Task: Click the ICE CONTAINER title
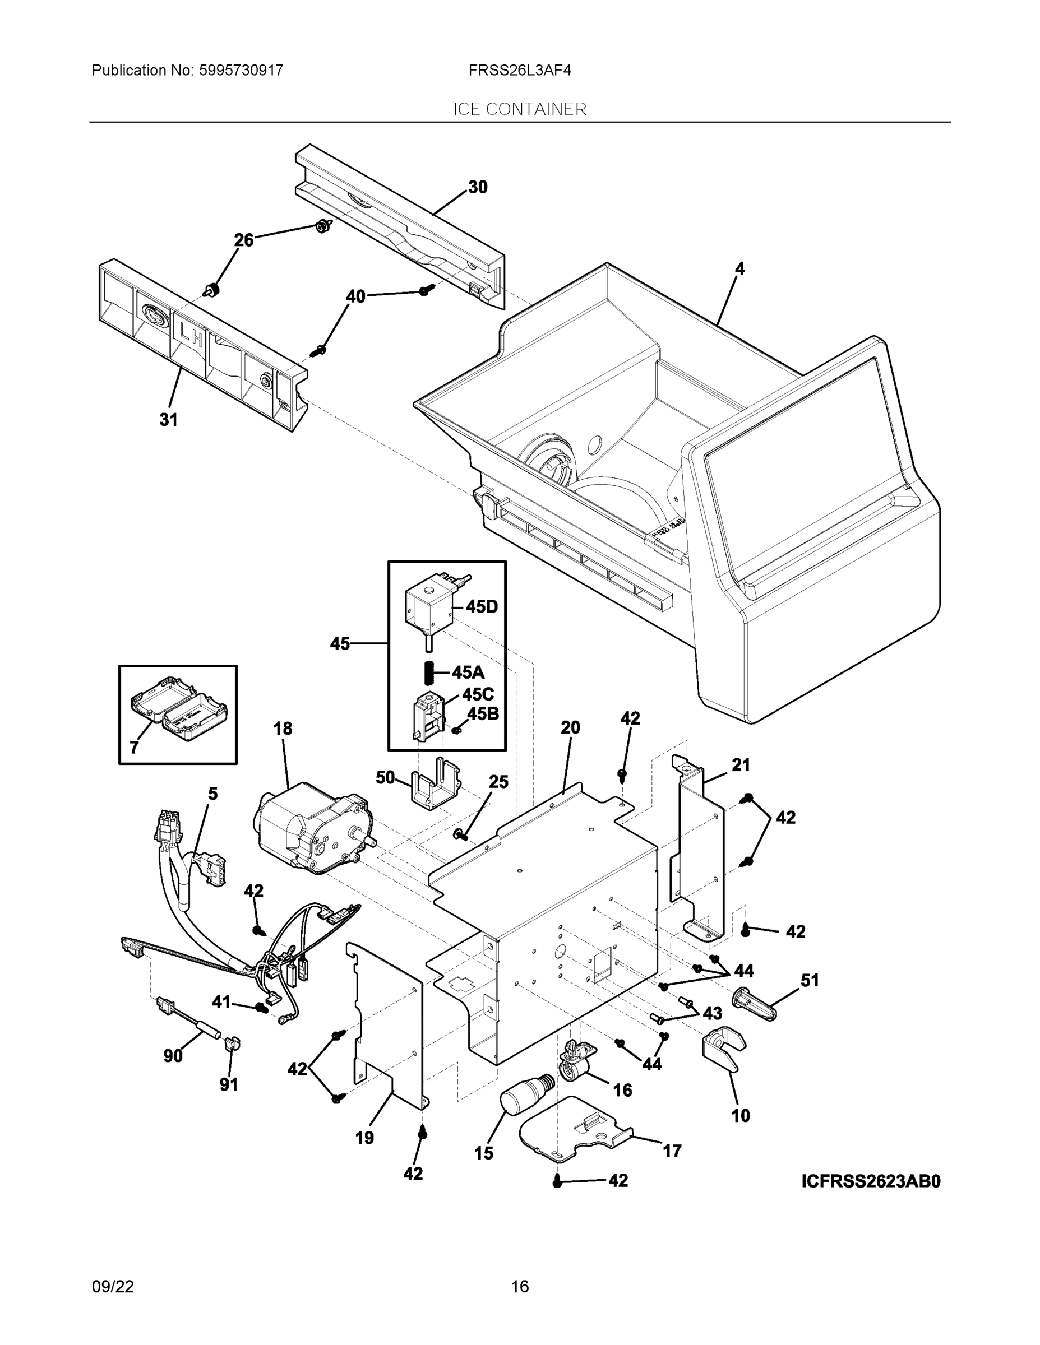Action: click(519, 109)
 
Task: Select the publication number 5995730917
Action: click(241, 70)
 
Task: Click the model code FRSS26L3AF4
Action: click(519, 70)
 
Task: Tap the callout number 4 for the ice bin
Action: click(739, 268)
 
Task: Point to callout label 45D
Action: click(481, 606)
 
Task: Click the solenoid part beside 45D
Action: click(429, 606)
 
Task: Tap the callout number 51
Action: click(809, 980)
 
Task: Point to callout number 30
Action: click(478, 187)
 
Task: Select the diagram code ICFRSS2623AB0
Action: click(871, 1181)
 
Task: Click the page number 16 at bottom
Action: click(519, 1287)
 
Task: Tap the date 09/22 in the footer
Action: click(113, 1287)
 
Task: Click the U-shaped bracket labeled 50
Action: click(435, 785)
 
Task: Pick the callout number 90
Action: click(173, 1056)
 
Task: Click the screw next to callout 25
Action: click(461, 834)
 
